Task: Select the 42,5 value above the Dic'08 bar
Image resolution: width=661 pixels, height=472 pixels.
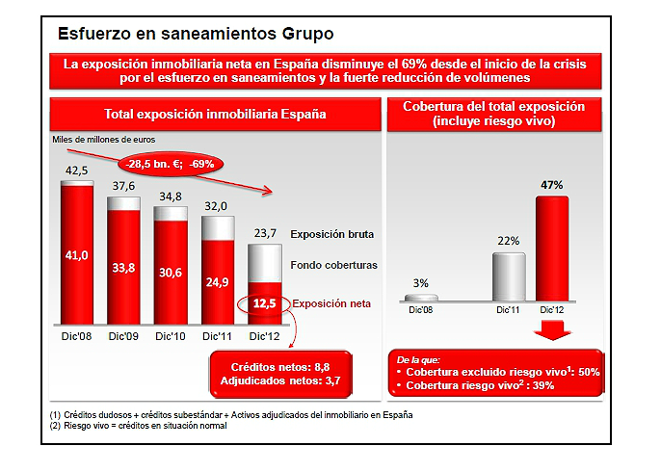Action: click(77, 170)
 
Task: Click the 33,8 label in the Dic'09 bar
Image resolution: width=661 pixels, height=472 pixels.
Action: click(123, 269)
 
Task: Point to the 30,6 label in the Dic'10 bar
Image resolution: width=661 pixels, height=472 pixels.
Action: click(171, 273)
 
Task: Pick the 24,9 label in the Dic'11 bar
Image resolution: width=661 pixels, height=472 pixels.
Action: click(217, 281)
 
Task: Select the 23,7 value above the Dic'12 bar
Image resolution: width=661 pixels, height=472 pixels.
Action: click(264, 232)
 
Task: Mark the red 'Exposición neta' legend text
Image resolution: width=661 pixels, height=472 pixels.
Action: click(331, 303)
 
